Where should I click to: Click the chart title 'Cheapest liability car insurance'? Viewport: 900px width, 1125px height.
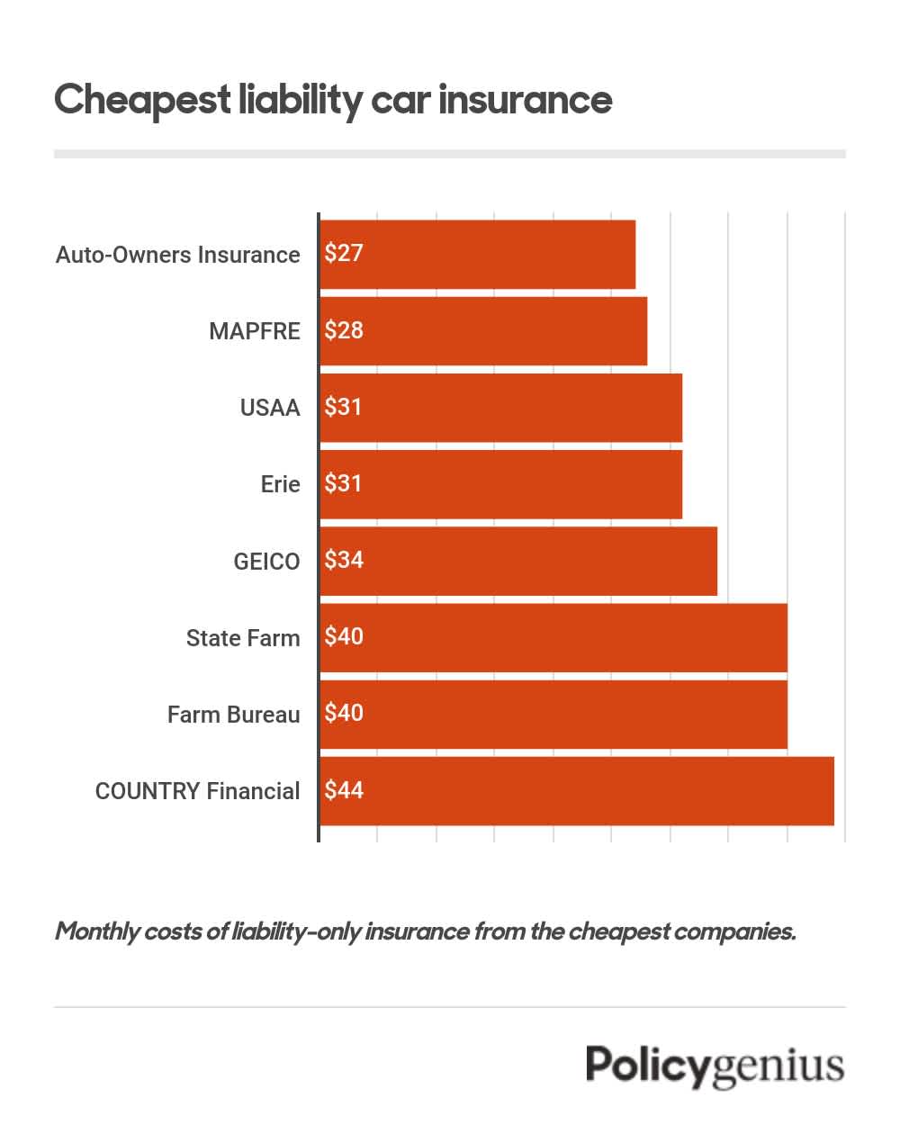point(333,99)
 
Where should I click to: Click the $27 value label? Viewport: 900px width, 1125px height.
point(344,253)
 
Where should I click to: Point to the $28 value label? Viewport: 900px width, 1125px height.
point(344,330)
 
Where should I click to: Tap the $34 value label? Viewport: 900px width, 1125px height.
point(344,560)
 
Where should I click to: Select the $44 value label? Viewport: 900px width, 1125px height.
point(344,790)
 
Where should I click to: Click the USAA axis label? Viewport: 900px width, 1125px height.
point(269,408)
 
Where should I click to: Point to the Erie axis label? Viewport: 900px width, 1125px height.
point(280,484)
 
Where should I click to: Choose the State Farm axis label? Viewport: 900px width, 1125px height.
point(242,638)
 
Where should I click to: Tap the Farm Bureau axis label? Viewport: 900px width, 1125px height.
point(233,715)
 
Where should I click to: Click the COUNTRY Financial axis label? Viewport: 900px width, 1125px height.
point(197,791)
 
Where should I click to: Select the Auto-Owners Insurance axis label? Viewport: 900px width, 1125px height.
point(177,255)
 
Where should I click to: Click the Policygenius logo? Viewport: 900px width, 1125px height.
point(715,1066)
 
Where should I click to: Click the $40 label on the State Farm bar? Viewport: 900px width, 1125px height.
point(344,636)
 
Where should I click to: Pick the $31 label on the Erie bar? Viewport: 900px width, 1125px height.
point(344,483)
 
